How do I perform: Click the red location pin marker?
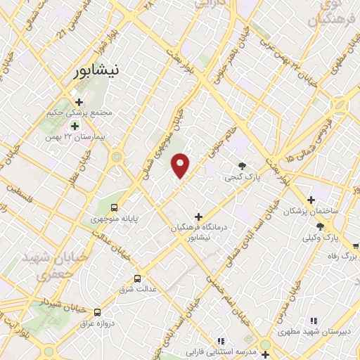[181, 166]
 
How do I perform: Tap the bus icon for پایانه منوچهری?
[114, 207]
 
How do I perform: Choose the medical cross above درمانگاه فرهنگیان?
[198, 217]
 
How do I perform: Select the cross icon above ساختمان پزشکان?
[311, 200]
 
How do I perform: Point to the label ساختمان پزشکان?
[311, 211]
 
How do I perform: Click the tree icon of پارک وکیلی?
[320, 226]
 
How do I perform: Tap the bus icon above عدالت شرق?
[137, 277]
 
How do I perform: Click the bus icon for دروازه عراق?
[97, 311]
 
